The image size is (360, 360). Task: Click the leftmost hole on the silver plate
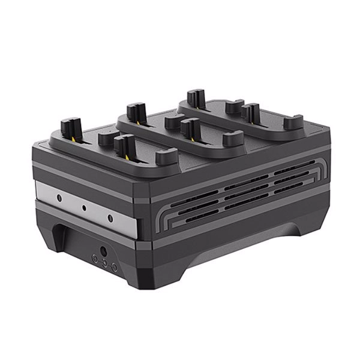point(58,196)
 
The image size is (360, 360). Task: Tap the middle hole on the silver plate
point(84,206)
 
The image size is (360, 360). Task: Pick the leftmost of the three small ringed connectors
point(94,257)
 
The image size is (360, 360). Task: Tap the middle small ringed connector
point(104,262)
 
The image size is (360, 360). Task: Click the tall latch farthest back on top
point(193,97)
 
